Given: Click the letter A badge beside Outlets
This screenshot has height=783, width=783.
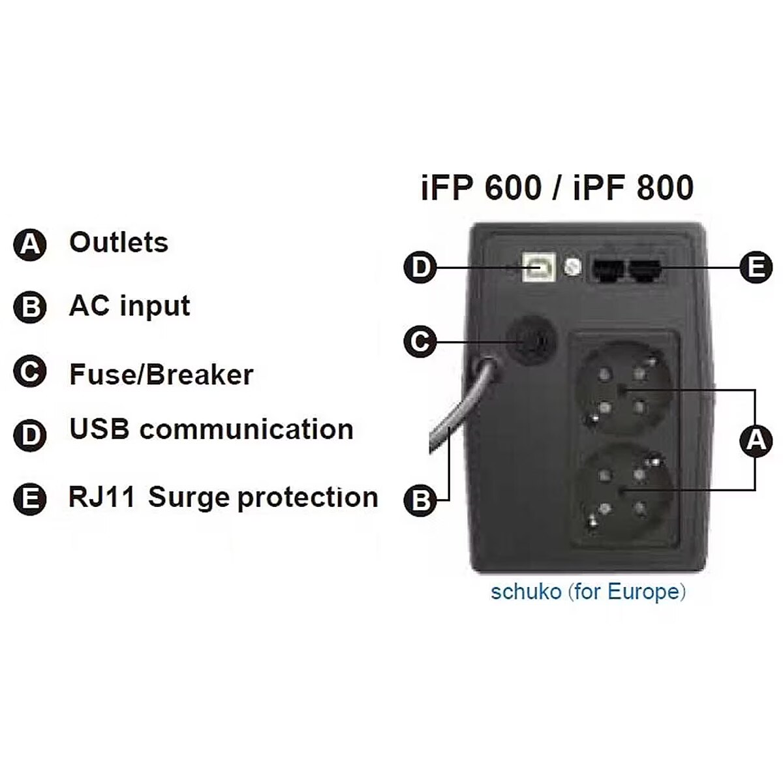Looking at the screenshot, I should [30, 245].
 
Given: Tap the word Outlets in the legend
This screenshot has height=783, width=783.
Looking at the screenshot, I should [119, 243].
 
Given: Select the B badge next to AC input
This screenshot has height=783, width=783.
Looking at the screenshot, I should [30, 307].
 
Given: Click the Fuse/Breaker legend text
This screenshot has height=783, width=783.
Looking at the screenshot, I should [161, 375].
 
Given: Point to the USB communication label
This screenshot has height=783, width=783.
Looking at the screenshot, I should [211, 430].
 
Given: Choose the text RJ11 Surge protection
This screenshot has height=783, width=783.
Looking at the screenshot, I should [223, 498].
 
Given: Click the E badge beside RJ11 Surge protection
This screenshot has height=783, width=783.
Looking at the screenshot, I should [30, 500].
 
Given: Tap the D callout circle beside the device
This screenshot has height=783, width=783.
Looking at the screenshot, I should [420, 267].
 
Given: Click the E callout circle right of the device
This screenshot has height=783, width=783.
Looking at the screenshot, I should [756, 267].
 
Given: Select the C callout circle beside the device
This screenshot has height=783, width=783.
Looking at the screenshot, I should [420, 341].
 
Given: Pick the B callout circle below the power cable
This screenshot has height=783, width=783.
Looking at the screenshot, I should [420, 500].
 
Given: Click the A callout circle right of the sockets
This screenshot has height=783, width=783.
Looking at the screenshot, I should [756, 440].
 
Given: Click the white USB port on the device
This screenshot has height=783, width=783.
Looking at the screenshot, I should [539, 267].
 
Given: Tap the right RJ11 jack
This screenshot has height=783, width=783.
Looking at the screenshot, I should [645, 269].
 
